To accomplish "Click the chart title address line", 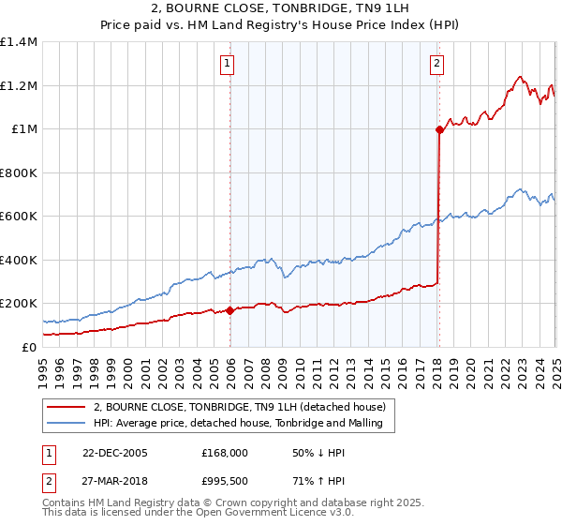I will (x=280, y=10).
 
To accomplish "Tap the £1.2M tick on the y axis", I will (x=18, y=85).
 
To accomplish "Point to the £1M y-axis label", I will (x=24, y=129).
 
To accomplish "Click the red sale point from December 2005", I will (x=230, y=310).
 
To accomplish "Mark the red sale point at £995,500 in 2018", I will (x=439, y=130).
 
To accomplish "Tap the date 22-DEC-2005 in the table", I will (x=114, y=453).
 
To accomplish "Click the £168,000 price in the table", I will (x=225, y=453).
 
